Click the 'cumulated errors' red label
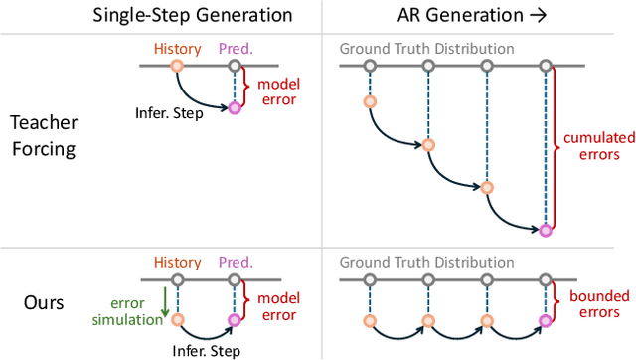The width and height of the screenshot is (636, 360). click(592, 147)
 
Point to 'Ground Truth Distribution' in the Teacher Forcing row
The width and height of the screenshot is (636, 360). click(427, 49)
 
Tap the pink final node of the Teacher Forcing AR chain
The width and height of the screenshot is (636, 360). click(546, 230)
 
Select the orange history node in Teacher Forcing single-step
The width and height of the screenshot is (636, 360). click(178, 67)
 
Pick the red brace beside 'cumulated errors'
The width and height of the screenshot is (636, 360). click(557, 147)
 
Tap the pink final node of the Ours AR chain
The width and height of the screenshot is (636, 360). click(546, 320)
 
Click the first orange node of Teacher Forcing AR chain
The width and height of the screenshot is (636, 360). click(369, 101)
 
